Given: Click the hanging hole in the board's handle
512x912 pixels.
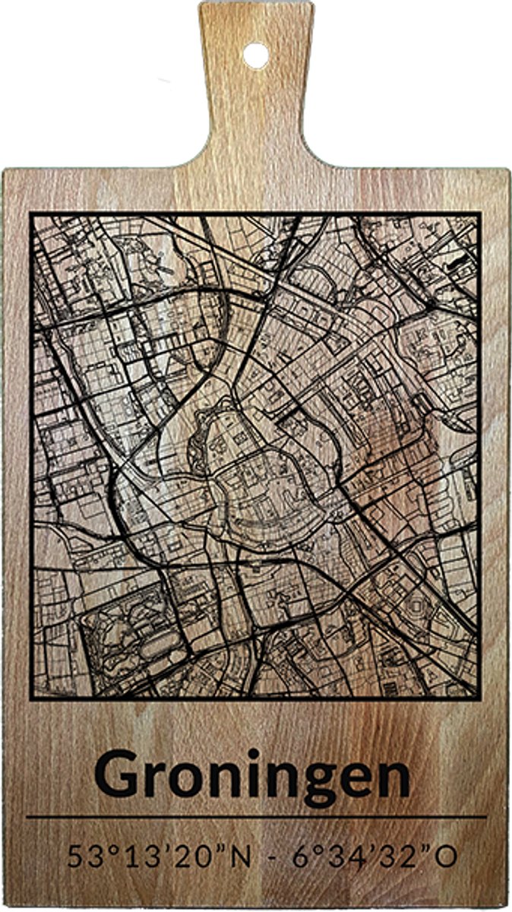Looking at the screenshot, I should (256, 55).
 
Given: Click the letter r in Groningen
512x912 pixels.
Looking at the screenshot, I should (157, 779).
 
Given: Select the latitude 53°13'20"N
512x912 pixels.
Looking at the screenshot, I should (159, 857).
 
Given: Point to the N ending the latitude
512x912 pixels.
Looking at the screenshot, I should (239, 857).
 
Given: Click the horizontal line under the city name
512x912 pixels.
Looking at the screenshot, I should (256, 817).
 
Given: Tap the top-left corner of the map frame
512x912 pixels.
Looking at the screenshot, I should (31, 214).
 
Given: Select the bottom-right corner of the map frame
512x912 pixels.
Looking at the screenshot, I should (479, 696).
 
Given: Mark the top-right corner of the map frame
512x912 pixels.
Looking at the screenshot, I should (479, 214).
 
